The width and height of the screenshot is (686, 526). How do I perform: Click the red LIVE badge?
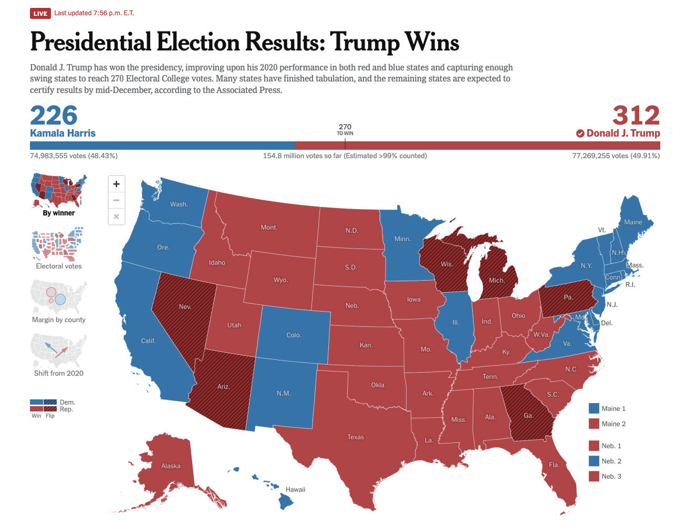[x=40, y=13]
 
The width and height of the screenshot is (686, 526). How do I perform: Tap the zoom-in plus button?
[x=116, y=184]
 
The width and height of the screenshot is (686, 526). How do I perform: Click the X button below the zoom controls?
[x=116, y=216]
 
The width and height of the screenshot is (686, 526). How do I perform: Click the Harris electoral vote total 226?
[x=54, y=115]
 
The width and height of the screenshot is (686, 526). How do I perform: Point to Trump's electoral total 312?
[x=636, y=115]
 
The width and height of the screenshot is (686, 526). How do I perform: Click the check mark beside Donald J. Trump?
[x=580, y=133]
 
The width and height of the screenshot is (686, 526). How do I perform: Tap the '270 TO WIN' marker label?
[x=345, y=129]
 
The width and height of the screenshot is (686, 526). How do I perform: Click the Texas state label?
[x=356, y=437]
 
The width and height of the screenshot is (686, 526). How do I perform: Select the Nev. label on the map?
[x=185, y=306]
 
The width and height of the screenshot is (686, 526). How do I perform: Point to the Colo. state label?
[x=294, y=335]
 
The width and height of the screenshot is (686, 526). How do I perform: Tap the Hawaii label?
[x=295, y=489]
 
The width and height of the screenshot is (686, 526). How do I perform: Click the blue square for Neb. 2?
[x=594, y=461]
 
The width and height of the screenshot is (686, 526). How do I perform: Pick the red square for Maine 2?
[x=594, y=424]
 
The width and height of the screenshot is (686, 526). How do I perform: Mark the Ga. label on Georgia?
[x=528, y=416]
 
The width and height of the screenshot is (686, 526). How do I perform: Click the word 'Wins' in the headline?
[x=432, y=43]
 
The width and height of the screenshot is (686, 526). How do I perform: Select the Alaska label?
[x=171, y=466]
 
